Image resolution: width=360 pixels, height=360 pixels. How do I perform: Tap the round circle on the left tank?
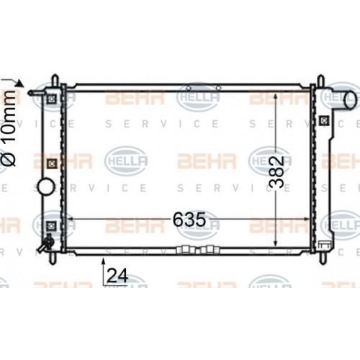45,187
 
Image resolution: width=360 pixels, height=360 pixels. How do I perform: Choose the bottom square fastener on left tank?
50,229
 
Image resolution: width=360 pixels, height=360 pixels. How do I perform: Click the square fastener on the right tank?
326,120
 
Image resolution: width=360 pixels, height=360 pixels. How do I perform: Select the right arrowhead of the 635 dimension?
307,217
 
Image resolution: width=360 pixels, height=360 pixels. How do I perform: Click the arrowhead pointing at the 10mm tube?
21,84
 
